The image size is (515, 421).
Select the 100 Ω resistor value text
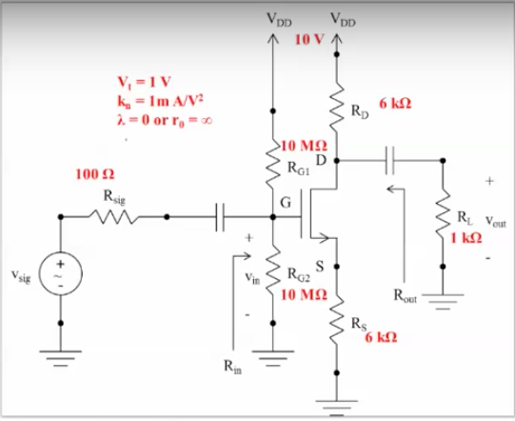(x=93, y=175)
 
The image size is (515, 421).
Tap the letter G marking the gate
(x=284, y=200)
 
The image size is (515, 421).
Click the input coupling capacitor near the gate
(x=220, y=217)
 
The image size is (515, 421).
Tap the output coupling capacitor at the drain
(x=388, y=161)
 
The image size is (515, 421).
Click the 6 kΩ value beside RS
(x=379, y=338)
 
